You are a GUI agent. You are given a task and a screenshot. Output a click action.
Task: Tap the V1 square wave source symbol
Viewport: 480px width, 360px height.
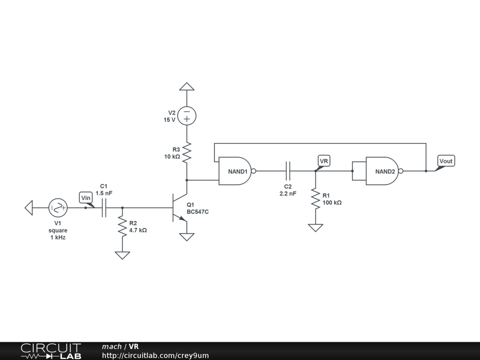(x=58, y=207)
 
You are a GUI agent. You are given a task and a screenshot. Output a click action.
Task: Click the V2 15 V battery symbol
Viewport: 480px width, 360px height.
(x=187, y=116)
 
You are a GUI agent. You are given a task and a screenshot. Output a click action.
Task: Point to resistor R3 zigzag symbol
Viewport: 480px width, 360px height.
(x=187, y=153)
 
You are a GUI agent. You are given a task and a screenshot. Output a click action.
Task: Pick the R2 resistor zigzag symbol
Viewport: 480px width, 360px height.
(x=122, y=226)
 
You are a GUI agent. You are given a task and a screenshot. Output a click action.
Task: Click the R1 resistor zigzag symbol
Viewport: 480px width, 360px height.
(x=315, y=199)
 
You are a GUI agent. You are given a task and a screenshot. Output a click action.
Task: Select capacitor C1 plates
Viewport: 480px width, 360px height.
(x=104, y=207)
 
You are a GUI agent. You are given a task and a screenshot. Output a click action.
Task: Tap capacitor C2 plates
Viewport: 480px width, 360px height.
(x=289, y=171)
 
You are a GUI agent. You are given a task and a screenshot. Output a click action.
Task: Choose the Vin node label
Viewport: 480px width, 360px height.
(x=86, y=198)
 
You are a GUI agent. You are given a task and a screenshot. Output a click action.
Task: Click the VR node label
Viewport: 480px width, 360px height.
(x=324, y=161)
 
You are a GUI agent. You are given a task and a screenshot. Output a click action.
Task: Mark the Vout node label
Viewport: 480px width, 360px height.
(x=446, y=161)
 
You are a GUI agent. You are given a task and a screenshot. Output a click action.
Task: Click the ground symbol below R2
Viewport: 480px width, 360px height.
(x=122, y=255)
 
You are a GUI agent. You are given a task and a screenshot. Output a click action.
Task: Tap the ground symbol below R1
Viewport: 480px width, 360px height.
(x=315, y=228)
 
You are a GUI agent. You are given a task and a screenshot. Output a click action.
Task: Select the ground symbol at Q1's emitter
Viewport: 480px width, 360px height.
(x=187, y=237)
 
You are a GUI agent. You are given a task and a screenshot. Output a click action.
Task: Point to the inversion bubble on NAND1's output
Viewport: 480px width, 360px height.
(x=254, y=171)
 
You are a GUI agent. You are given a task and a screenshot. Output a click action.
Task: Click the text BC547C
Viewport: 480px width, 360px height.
(x=197, y=212)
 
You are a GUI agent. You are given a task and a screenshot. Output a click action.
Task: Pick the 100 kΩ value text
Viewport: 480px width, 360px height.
(x=332, y=203)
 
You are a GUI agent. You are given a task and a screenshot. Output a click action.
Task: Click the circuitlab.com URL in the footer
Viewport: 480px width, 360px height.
(x=155, y=355)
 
